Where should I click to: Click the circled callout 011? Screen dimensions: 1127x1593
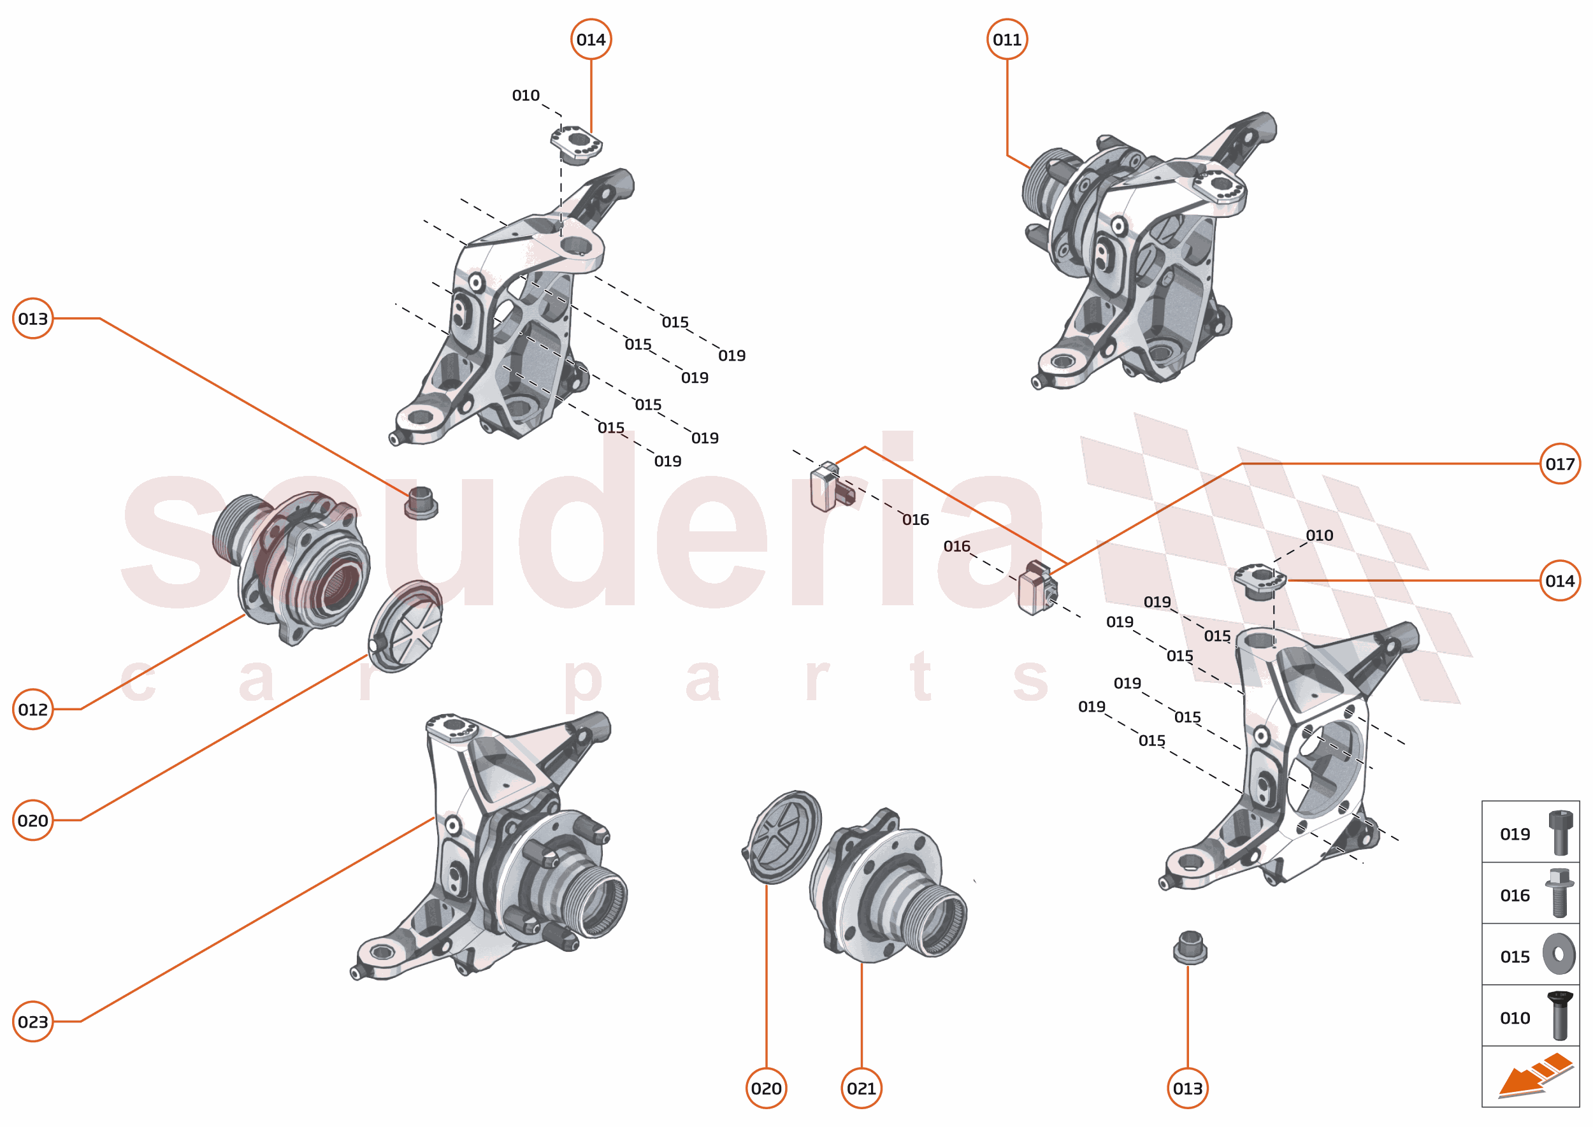pos(1007,39)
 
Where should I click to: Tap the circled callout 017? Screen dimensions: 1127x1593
pos(1559,464)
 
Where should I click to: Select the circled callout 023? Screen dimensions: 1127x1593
pos(32,1021)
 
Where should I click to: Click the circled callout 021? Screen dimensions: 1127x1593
pos(861,1088)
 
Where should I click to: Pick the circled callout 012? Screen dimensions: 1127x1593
pos(32,709)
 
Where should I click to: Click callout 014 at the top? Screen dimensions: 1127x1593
pos(591,39)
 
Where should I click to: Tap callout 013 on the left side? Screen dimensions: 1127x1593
pos(32,319)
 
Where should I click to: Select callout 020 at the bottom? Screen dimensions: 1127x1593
pos(766,1088)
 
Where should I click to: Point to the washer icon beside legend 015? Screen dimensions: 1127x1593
pos(1559,954)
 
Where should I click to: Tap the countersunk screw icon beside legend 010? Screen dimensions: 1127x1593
pos(1560,1016)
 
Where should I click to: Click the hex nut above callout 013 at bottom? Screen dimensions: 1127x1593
pos(1190,948)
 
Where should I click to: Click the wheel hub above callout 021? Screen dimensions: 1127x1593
pos(888,888)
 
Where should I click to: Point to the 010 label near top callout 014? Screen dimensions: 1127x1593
pos(526,96)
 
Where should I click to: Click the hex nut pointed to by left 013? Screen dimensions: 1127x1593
pos(421,503)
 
